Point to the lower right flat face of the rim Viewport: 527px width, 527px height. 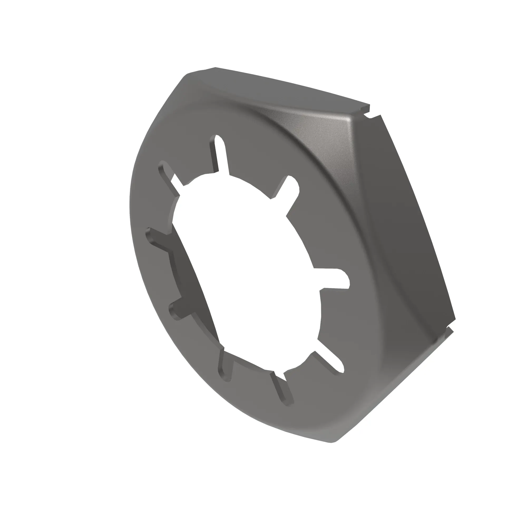click(x=396, y=382)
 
